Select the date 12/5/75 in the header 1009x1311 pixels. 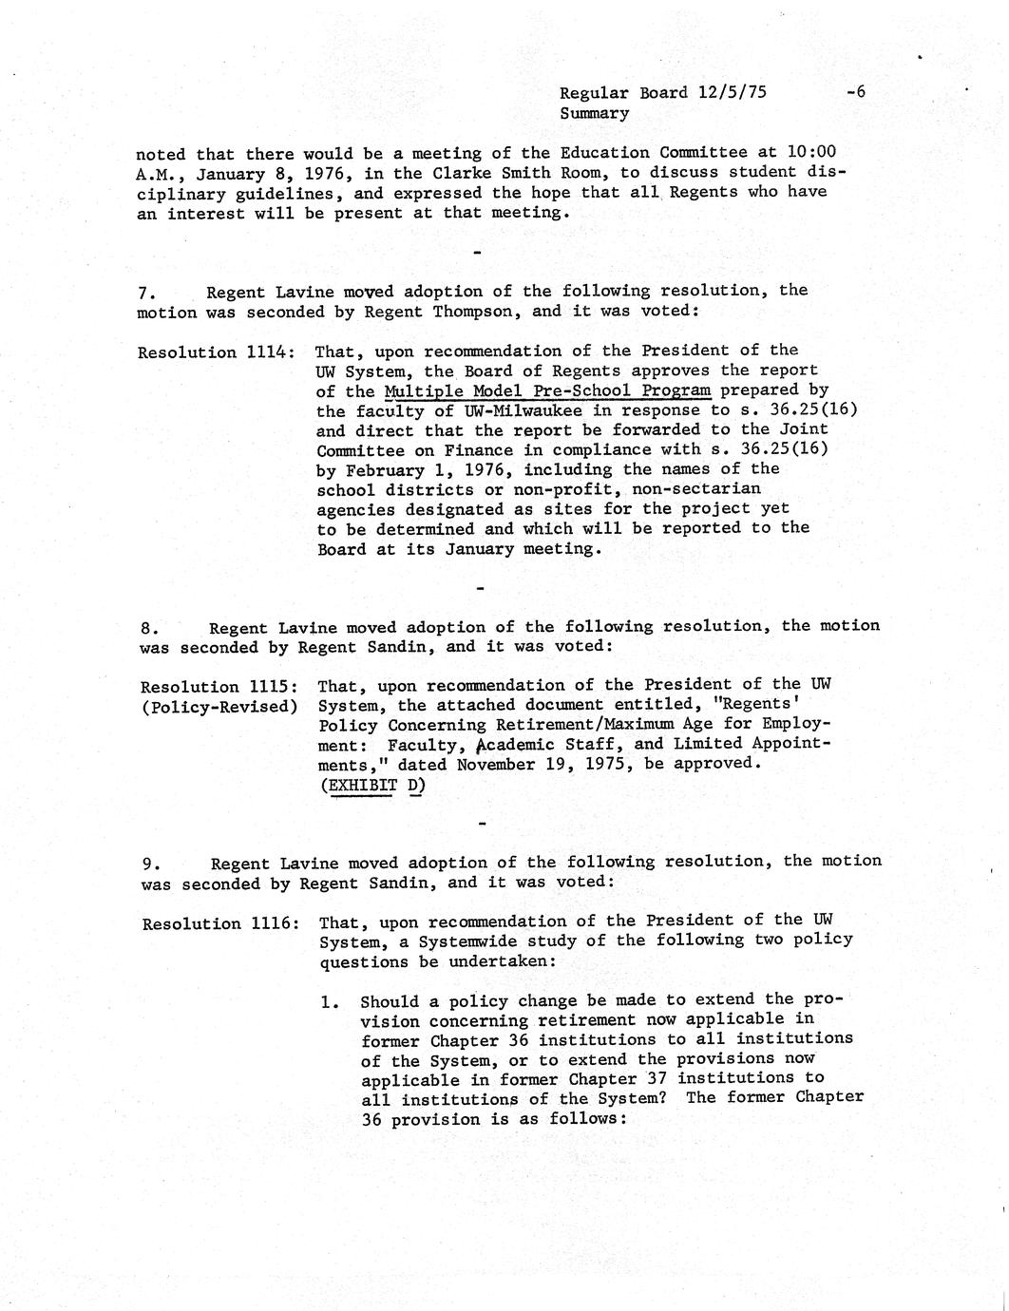tap(732, 92)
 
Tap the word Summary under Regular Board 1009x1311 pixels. tap(594, 113)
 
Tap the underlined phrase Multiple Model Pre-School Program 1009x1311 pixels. tap(547, 390)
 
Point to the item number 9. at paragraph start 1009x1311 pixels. tap(150, 864)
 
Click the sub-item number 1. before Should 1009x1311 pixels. tap(331, 1001)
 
